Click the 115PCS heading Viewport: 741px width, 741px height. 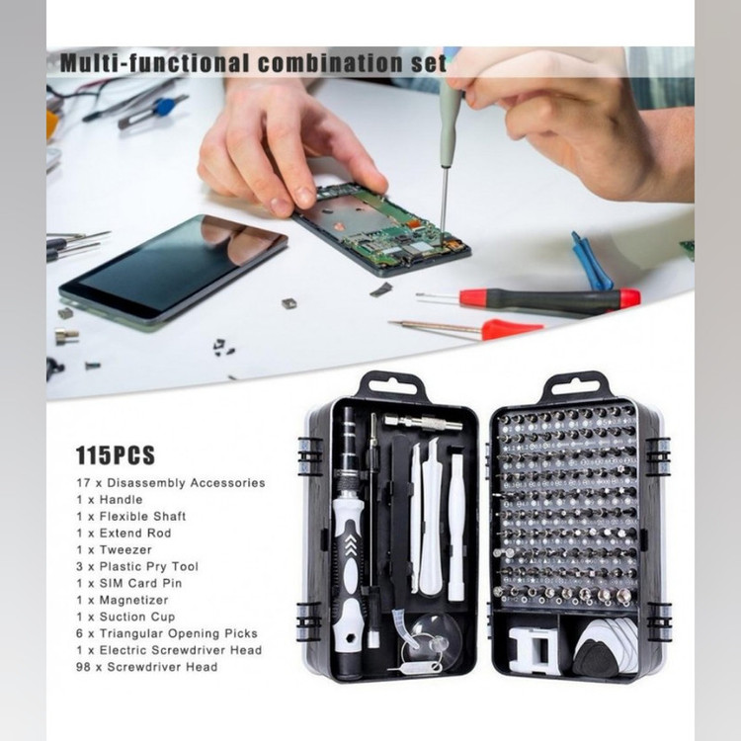[116, 455]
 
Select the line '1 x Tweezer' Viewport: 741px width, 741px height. [114, 549]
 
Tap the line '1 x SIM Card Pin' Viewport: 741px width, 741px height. [129, 583]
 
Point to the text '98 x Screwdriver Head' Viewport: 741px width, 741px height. [146, 667]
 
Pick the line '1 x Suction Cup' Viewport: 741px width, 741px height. [125, 617]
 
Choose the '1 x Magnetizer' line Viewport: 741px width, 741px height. [123, 600]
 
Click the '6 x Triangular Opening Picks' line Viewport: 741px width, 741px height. [167, 633]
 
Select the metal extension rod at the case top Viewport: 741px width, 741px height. [423, 422]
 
